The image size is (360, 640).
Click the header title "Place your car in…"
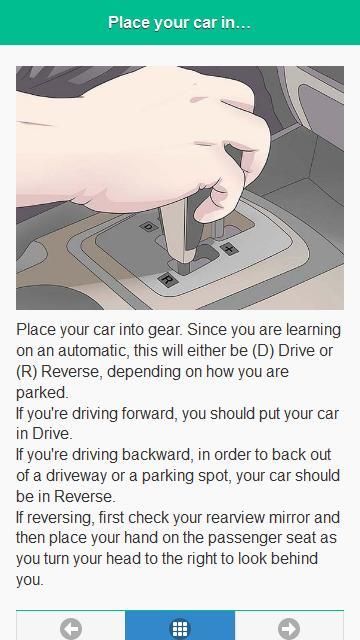pos(180,22)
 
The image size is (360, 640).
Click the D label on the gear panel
pos(148,227)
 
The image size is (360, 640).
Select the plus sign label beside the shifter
pos(229,249)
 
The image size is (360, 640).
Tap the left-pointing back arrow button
pos(71,629)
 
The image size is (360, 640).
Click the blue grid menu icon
pos(180,629)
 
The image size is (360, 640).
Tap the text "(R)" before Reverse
pos(27,372)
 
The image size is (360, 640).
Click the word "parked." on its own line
pos(42,393)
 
